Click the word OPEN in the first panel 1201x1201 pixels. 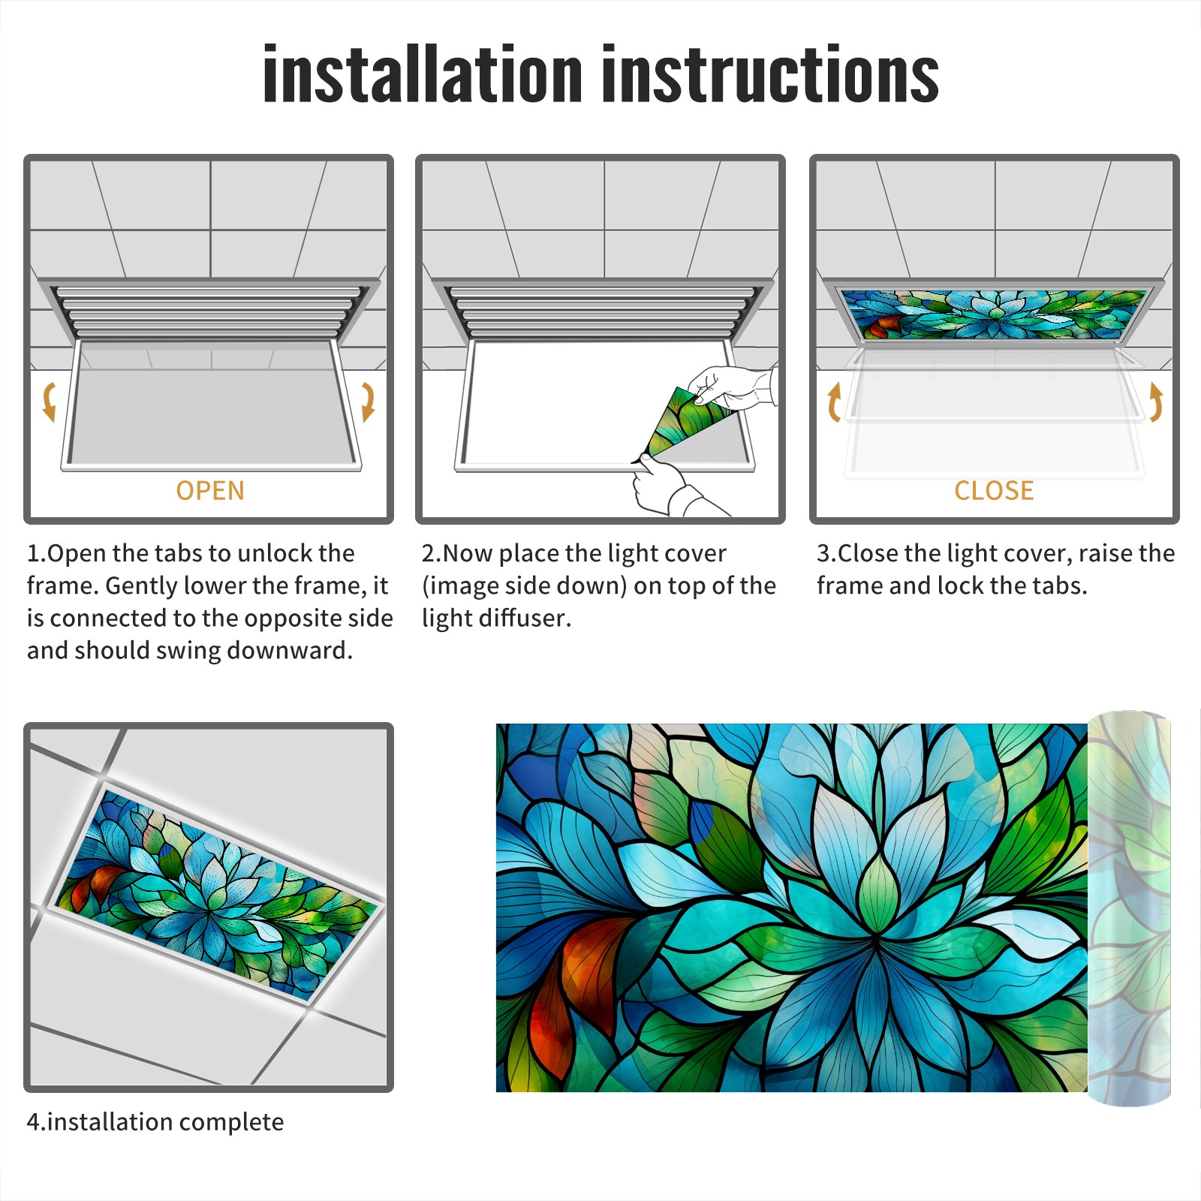point(210,490)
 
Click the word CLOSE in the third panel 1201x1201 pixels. point(994,490)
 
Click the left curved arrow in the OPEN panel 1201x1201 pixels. point(49,402)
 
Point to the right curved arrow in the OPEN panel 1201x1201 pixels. point(368,402)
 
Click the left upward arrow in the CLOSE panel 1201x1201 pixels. point(833,402)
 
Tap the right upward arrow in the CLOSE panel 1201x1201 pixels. point(1156,402)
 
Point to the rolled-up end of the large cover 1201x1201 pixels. point(1129,908)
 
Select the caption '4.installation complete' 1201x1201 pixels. point(155,1121)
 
